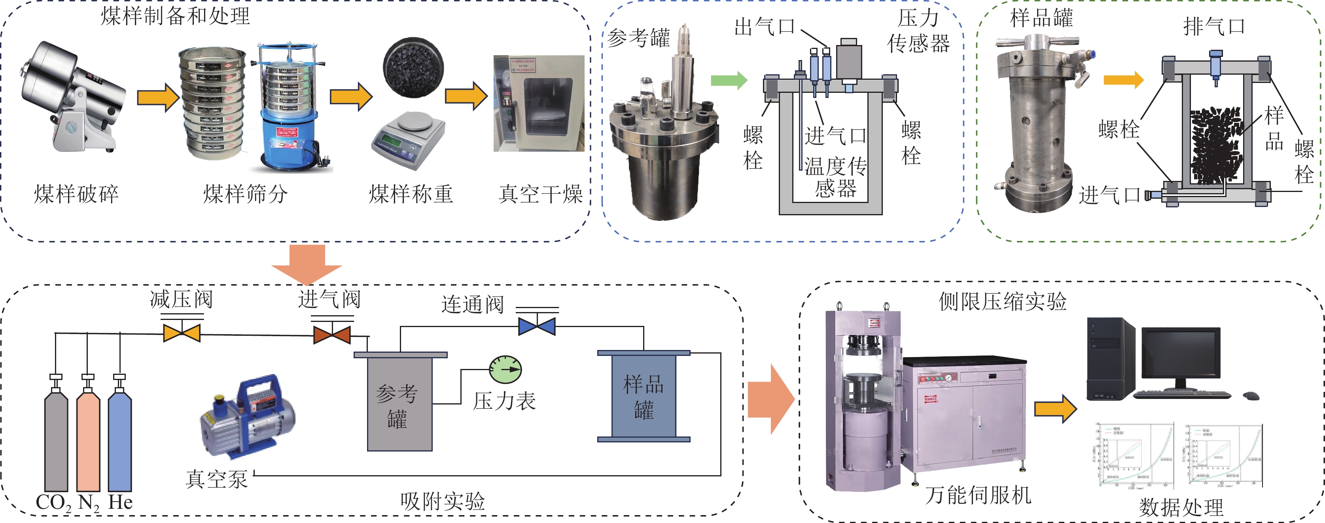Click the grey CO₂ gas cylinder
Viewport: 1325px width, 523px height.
(56, 442)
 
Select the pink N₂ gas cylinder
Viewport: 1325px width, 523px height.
(88, 442)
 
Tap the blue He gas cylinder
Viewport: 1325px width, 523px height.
(120, 442)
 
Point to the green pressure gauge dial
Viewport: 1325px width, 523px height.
(505, 369)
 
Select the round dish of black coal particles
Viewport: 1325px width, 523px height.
(413, 67)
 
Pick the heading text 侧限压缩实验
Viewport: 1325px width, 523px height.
(1003, 301)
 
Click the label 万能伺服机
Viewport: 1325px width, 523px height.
(978, 495)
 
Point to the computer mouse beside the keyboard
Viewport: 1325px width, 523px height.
(1251, 395)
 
